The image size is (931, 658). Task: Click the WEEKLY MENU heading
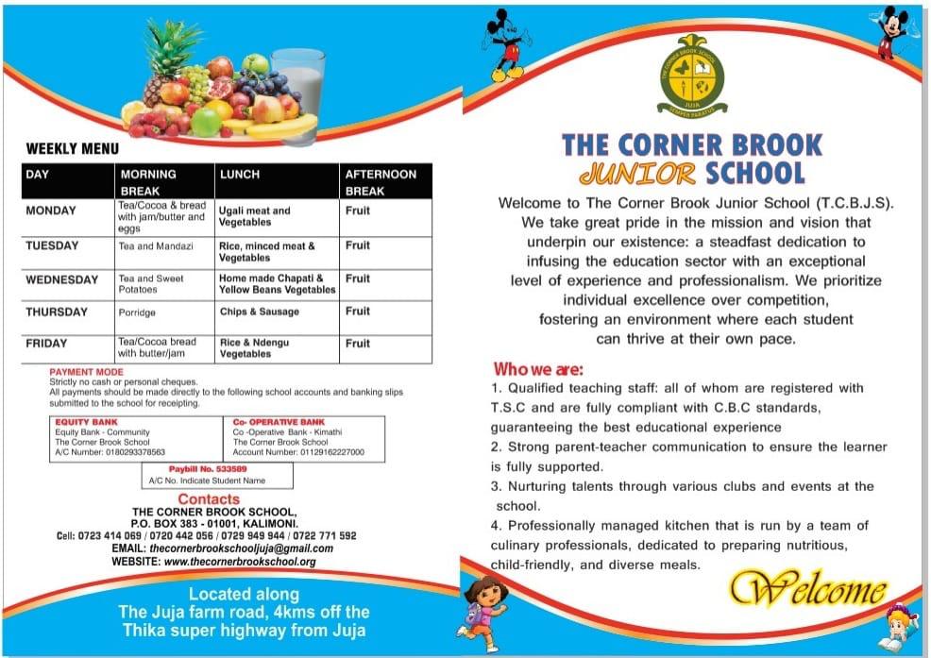[x=73, y=148]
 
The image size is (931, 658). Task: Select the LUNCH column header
[x=240, y=175]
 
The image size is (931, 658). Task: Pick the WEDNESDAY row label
[x=61, y=280]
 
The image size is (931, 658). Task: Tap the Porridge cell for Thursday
[x=138, y=312]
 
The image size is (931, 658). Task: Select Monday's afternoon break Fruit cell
[x=358, y=211]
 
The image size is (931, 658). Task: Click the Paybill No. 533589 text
[x=208, y=468]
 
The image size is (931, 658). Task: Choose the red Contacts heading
[x=209, y=498]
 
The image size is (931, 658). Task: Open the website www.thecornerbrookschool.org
[x=239, y=562]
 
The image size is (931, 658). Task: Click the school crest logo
[x=691, y=74]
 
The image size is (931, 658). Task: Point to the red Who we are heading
[x=538, y=368]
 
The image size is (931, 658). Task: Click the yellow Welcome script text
[x=806, y=591]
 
